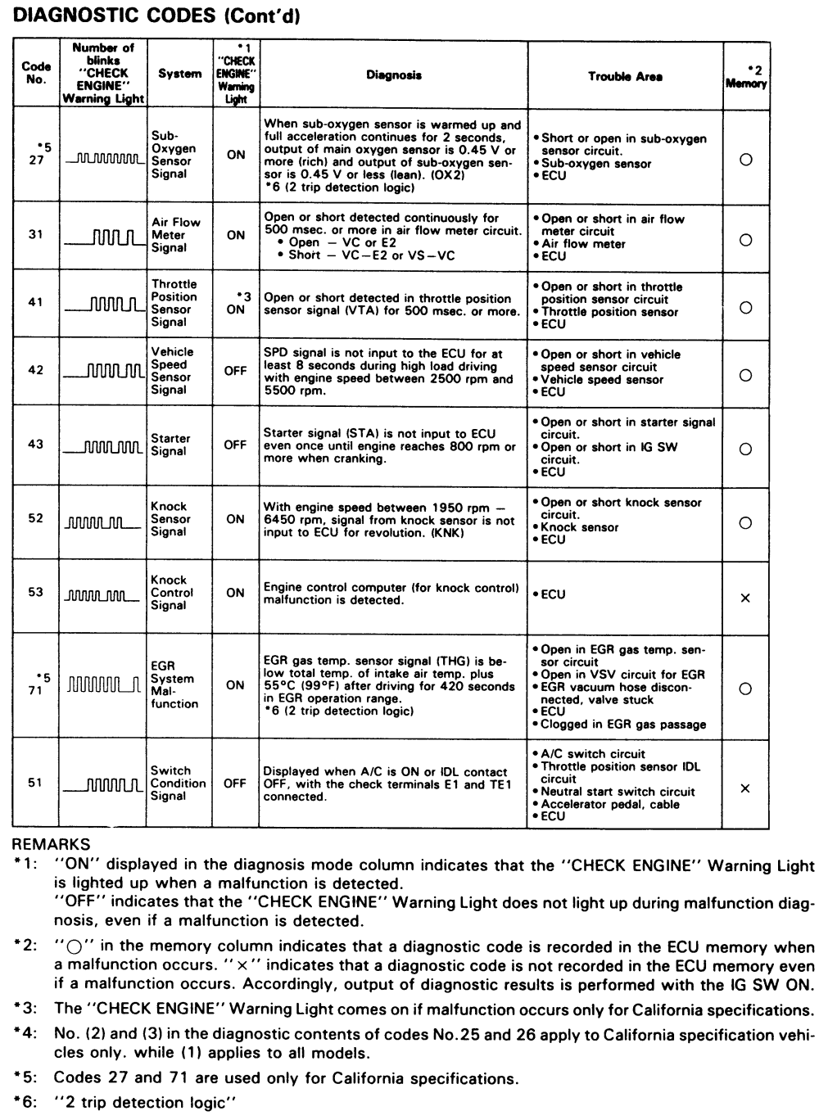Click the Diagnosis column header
(x=393, y=75)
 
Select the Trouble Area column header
(x=625, y=76)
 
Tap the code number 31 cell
(x=36, y=234)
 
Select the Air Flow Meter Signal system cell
(x=175, y=235)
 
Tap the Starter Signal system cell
(x=170, y=445)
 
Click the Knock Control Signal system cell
(x=172, y=593)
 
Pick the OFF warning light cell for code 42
(x=235, y=371)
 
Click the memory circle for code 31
(x=745, y=240)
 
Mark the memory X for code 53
(x=745, y=598)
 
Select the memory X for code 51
(x=745, y=788)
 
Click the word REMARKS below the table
(x=52, y=842)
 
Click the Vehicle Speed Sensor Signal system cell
(x=172, y=371)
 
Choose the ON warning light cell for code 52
(x=235, y=519)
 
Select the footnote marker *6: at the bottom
(x=27, y=1102)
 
